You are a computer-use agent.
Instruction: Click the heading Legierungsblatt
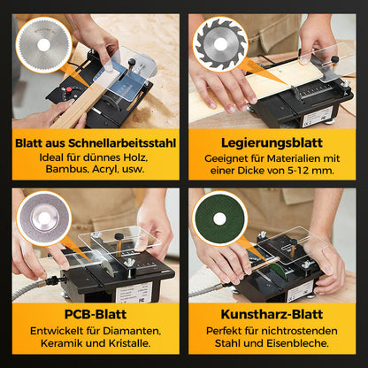tap(272, 143)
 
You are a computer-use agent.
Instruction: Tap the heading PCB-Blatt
tap(96, 314)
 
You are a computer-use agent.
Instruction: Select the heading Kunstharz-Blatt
tap(272, 314)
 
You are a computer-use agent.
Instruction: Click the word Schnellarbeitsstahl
tap(122, 143)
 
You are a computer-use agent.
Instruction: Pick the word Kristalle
tap(129, 343)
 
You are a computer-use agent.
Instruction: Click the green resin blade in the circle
tap(219, 218)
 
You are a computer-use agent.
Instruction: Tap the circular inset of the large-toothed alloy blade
tap(220, 44)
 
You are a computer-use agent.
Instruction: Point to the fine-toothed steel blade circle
tap(43, 44)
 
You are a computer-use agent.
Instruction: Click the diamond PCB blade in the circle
tap(44, 218)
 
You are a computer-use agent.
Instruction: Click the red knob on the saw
tap(69, 89)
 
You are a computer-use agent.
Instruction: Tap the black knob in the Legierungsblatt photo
tap(334, 59)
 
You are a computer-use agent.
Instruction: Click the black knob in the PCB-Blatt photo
tap(119, 236)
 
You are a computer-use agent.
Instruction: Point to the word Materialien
tap(291, 158)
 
